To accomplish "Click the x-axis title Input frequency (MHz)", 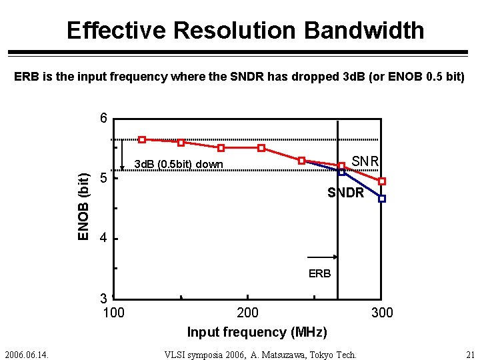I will [x=257, y=332].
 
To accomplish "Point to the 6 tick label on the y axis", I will [x=103, y=119].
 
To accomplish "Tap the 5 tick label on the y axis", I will [x=103, y=178].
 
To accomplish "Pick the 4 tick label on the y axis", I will [x=103, y=238].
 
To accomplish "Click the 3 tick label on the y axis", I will [x=103, y=298].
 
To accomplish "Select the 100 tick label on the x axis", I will [x=113, y=313].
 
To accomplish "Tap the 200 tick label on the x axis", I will [x=248, y=313].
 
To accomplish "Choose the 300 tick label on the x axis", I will [x=382, y=313].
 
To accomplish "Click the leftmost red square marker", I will [x=142, y=139].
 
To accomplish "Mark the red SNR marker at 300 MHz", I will [x=382, y=181].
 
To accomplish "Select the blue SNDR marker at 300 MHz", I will [x=382, y=199].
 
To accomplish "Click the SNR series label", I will [x=365, y=161].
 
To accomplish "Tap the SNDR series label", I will [x=345, y=193].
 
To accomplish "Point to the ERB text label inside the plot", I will [x=319, y=273].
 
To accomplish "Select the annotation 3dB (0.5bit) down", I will [x=179, y=164].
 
